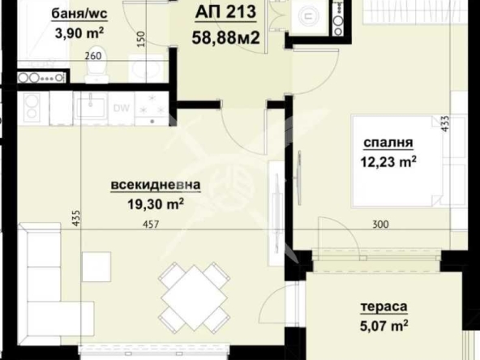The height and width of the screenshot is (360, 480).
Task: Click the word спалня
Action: click(x=384, y=139)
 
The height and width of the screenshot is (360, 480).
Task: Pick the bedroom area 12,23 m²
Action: click(x=388, y=161)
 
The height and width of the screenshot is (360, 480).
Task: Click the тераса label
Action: click(x=384, y=307)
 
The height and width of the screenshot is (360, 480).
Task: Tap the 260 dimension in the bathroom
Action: click(x=92, y=57)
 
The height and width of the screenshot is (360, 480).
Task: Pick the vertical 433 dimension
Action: click(x=444, y=122)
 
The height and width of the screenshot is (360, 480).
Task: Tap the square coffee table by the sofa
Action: click(x=96, y=266)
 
